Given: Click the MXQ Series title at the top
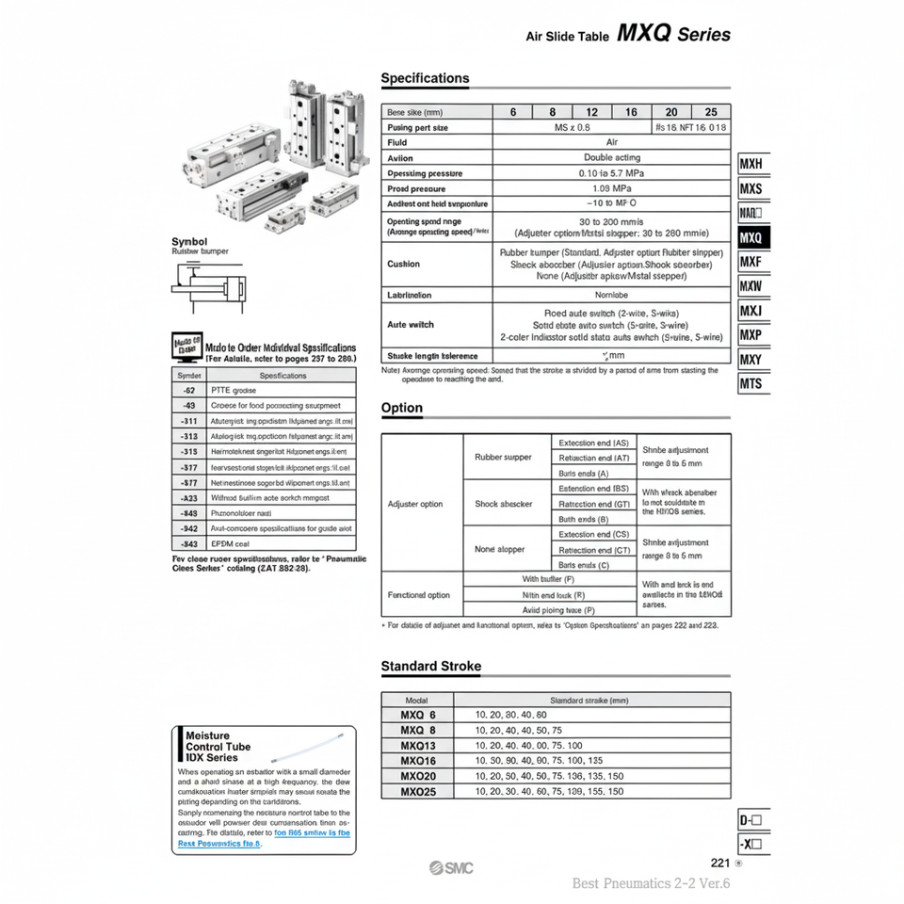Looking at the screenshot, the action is click(x=673, y=34).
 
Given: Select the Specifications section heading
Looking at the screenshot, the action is click(x=425, y=78).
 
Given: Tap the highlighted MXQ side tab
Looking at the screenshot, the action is click(x=751, y=237).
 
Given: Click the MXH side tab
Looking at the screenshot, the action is click(x=751, y=164).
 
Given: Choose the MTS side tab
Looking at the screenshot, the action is click(x=751, y=383).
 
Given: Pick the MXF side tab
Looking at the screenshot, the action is click(x=751, y=262).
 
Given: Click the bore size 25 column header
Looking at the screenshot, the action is click(x=711, y=111).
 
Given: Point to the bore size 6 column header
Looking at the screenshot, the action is click(x=513, y=111).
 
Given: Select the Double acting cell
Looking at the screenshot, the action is click(x=611, y=157).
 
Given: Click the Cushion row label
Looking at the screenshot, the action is click(x=404, y=264).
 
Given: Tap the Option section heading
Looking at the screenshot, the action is click(x=402, y=408).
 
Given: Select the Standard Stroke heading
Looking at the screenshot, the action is click(x=430, y=666).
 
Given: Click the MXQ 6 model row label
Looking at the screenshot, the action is click(x=418, y=715).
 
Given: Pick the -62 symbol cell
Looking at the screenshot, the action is click(x=189, y=390).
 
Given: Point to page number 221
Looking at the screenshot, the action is click(x=720, y=862).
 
